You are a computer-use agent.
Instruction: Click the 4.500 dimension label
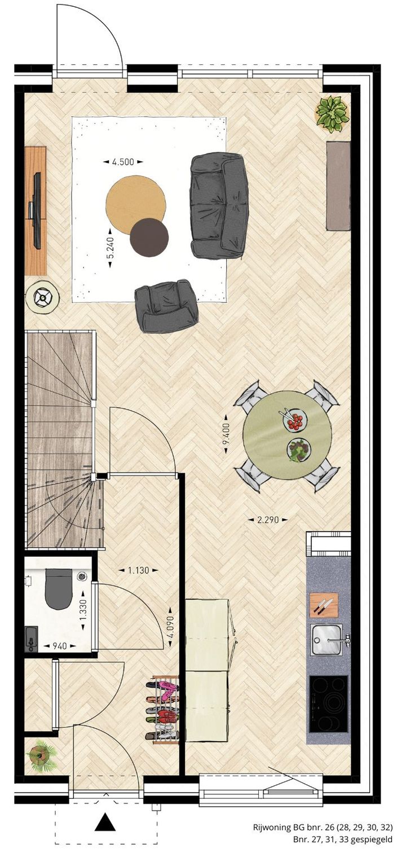click(x=123, y=162)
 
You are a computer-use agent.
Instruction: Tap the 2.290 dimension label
click(x=268, y=520)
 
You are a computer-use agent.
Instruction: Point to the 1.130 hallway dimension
click(x=138, y=570)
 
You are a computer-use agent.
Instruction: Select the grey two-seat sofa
click(x=219, y=206)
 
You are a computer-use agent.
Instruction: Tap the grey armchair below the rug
click(x=166, y=306)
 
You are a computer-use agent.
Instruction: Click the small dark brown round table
click(x=149, y=237)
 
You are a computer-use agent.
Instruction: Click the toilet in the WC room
click(x=59, y=588)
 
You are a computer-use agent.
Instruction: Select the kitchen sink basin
click(x=326, y=639)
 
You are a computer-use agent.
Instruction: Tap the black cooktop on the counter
click(x=328, y=703)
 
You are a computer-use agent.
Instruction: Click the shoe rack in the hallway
click(x=162, y=710)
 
